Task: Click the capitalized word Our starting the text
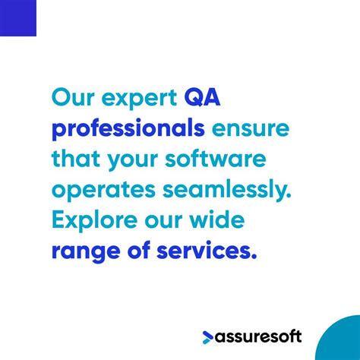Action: (x=73, y=98)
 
